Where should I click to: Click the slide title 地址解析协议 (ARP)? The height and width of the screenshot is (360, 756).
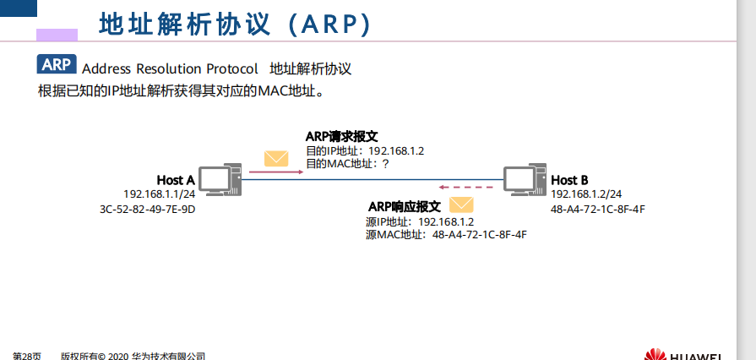tap(235, 24)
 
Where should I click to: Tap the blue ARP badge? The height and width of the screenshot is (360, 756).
tap(57, 65)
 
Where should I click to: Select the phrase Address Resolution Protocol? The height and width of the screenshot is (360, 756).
tap(170, 69)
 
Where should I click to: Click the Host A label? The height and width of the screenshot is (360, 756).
tap(176, 180)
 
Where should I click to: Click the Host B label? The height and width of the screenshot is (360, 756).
tap(569, 180)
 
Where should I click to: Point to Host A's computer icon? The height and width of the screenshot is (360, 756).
tap(221, 178)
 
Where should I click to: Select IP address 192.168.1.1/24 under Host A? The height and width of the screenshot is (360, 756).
tap(159, 194)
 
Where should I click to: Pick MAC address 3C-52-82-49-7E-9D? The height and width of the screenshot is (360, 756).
tap(147, 209)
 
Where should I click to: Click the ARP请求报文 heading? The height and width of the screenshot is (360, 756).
tap(341, 137)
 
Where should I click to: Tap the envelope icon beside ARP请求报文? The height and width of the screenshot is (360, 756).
tap(275, 158)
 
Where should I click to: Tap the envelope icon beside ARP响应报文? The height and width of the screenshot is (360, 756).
tap(460, 205)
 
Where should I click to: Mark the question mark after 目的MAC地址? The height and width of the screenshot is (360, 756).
tap(385, 164)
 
